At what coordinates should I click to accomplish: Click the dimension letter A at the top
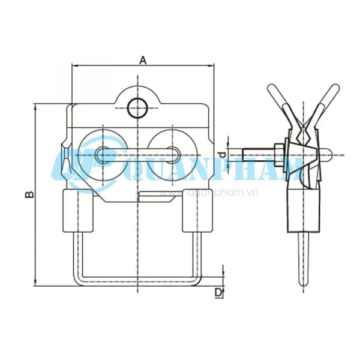143,59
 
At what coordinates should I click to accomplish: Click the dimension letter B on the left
28,194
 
